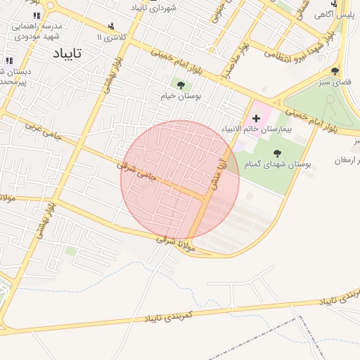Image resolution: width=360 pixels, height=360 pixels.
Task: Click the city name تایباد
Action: [x=67, y=53]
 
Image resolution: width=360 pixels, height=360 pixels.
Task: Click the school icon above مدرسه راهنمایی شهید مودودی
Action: [x=37, y=15]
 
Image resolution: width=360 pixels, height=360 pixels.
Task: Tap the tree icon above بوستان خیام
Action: [x=181, y=85]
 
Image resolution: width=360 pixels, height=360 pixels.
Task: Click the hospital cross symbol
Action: [x=256, y=120]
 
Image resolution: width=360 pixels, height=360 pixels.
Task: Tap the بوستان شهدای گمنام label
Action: [x=278, y=163]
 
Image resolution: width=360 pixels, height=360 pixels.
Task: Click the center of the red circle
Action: [x=180, y=180]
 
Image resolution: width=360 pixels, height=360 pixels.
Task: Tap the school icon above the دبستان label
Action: [x=8, y=60]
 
